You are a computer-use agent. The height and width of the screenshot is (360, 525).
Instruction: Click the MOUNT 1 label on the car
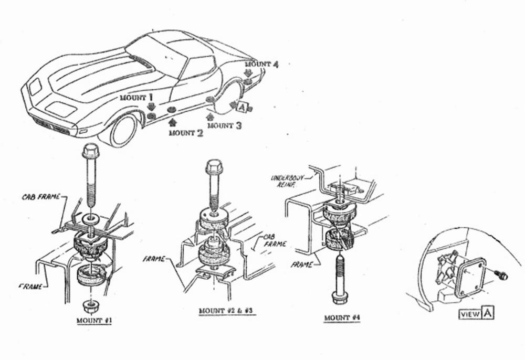(x=136, y=98)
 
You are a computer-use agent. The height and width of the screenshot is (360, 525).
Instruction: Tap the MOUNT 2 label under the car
(x=185, y=133)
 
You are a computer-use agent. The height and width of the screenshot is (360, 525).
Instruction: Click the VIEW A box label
(x=476, y=314)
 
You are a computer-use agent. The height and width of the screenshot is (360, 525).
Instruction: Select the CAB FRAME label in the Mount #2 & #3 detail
(x=268, y=240)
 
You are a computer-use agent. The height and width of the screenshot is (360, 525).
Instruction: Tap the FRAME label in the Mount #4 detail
(x=302, y=265)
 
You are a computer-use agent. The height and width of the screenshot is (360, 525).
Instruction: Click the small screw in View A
(x=501, y=276)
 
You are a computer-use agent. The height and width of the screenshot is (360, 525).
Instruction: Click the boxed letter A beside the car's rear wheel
(x=241, y=107)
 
